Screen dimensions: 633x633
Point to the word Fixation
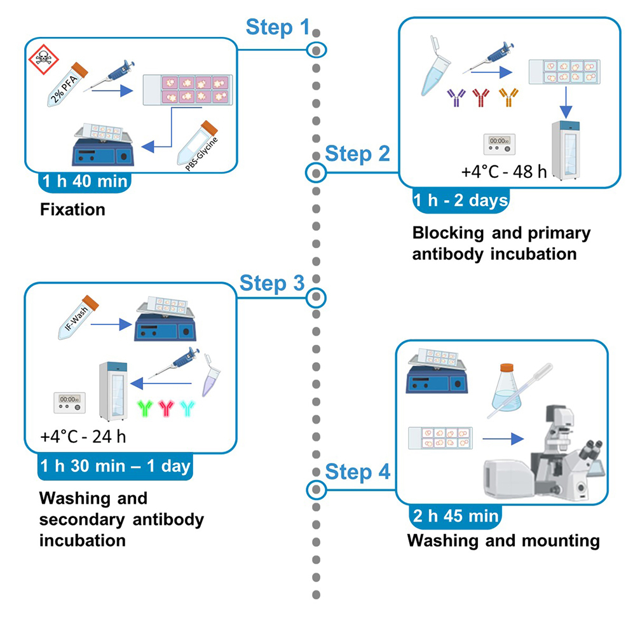[x=72, y=209]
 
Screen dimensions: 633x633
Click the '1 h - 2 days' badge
[x=460, y=201]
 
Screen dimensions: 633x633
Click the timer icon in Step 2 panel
[x=498, y=144]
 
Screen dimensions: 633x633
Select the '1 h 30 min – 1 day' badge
[x=114, y=466]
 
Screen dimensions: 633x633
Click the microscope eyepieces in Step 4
[x=592, y=449]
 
